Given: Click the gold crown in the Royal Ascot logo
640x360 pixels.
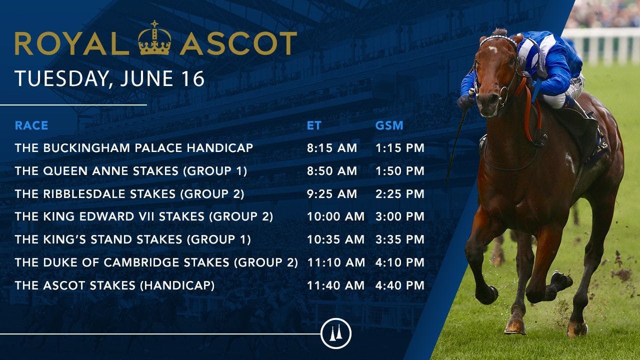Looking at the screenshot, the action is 154,37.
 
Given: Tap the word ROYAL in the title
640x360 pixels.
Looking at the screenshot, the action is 71,43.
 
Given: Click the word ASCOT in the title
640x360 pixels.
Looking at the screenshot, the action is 238,43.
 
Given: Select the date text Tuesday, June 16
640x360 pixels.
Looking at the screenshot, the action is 109,78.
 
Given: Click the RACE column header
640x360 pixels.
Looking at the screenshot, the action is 31,125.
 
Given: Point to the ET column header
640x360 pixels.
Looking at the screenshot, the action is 314,125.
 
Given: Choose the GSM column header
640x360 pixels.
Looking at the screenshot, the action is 389,125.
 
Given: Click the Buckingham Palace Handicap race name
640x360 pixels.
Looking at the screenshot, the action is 134,148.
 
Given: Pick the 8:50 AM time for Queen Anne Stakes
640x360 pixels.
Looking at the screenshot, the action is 332,171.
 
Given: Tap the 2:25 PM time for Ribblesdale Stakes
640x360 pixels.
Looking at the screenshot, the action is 399,193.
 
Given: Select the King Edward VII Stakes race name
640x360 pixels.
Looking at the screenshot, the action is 144,216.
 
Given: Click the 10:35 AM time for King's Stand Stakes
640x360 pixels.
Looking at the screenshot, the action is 335,239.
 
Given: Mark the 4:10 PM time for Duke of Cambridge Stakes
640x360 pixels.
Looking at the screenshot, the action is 399,262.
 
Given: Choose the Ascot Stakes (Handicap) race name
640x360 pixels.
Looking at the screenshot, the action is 114,285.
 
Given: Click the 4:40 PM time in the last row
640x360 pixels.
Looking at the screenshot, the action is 399,285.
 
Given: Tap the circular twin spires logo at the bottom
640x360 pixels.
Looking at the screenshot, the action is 335,333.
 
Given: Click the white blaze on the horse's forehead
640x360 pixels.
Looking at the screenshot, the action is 493,49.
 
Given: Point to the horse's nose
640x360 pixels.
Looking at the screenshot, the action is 489,104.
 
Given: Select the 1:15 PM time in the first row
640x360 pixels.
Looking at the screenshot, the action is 399,148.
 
